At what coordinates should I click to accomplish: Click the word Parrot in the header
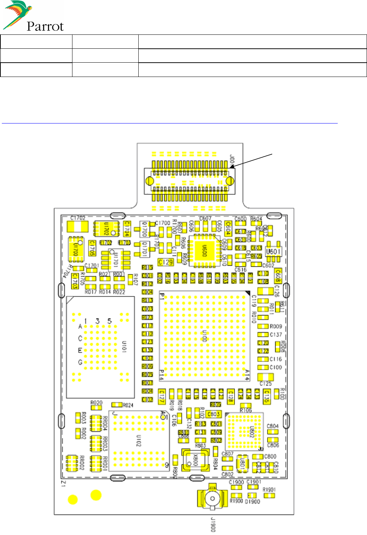[45, 26]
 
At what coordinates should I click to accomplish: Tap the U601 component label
[273, 251]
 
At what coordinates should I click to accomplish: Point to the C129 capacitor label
[165, 262]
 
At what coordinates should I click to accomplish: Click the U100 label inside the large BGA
[205, 336]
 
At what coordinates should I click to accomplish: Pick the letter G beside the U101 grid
[80, 362]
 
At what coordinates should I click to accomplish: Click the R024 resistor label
[128, 405]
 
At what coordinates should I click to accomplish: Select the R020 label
[96, 403]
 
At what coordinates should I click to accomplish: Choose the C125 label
[266, 384]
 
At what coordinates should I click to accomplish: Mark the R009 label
[276, 326]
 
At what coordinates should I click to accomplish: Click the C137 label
[276, 334]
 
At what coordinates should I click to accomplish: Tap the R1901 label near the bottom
[269, 490]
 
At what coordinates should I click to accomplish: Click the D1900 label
[252, 501]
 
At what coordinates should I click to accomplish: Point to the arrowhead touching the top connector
[232, 167]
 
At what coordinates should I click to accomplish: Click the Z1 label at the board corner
[63, 484]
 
